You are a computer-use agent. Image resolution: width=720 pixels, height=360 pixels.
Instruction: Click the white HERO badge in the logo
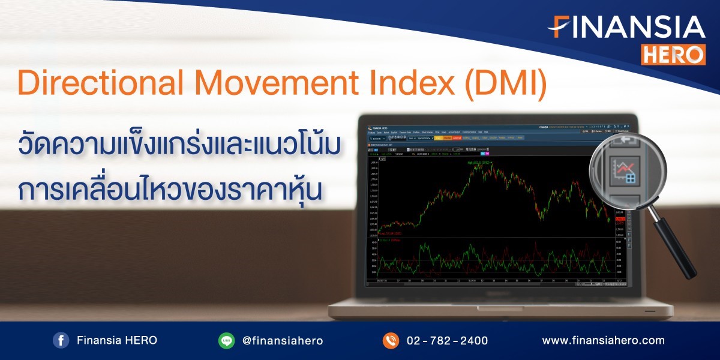point(673,55)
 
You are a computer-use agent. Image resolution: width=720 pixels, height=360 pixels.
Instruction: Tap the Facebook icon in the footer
point(61,341)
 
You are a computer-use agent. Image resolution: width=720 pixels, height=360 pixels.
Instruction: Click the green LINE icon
point(226,341)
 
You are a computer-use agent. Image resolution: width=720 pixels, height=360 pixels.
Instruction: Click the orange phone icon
point(391,341)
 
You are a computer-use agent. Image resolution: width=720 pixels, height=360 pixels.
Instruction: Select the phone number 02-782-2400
point(447,341)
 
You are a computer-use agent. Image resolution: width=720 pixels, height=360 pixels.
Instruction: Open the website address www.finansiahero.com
point(603,340)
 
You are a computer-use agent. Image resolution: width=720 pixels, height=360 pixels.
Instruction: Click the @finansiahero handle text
point(282,341)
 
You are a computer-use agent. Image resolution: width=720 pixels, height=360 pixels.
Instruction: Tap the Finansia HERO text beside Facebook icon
point(117,340)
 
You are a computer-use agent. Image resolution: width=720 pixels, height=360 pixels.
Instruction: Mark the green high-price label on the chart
point(480,163)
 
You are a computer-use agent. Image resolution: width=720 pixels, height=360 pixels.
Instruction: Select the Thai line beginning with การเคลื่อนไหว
point(171,187)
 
